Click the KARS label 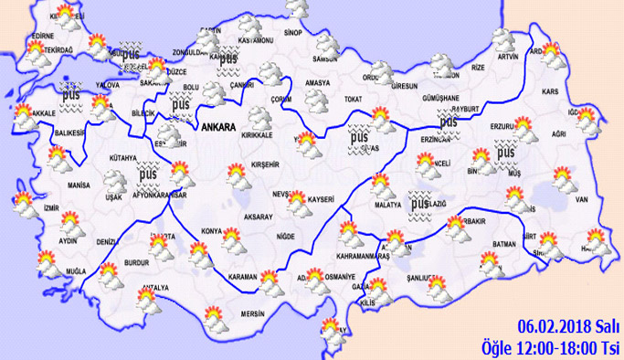click(549, 92)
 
